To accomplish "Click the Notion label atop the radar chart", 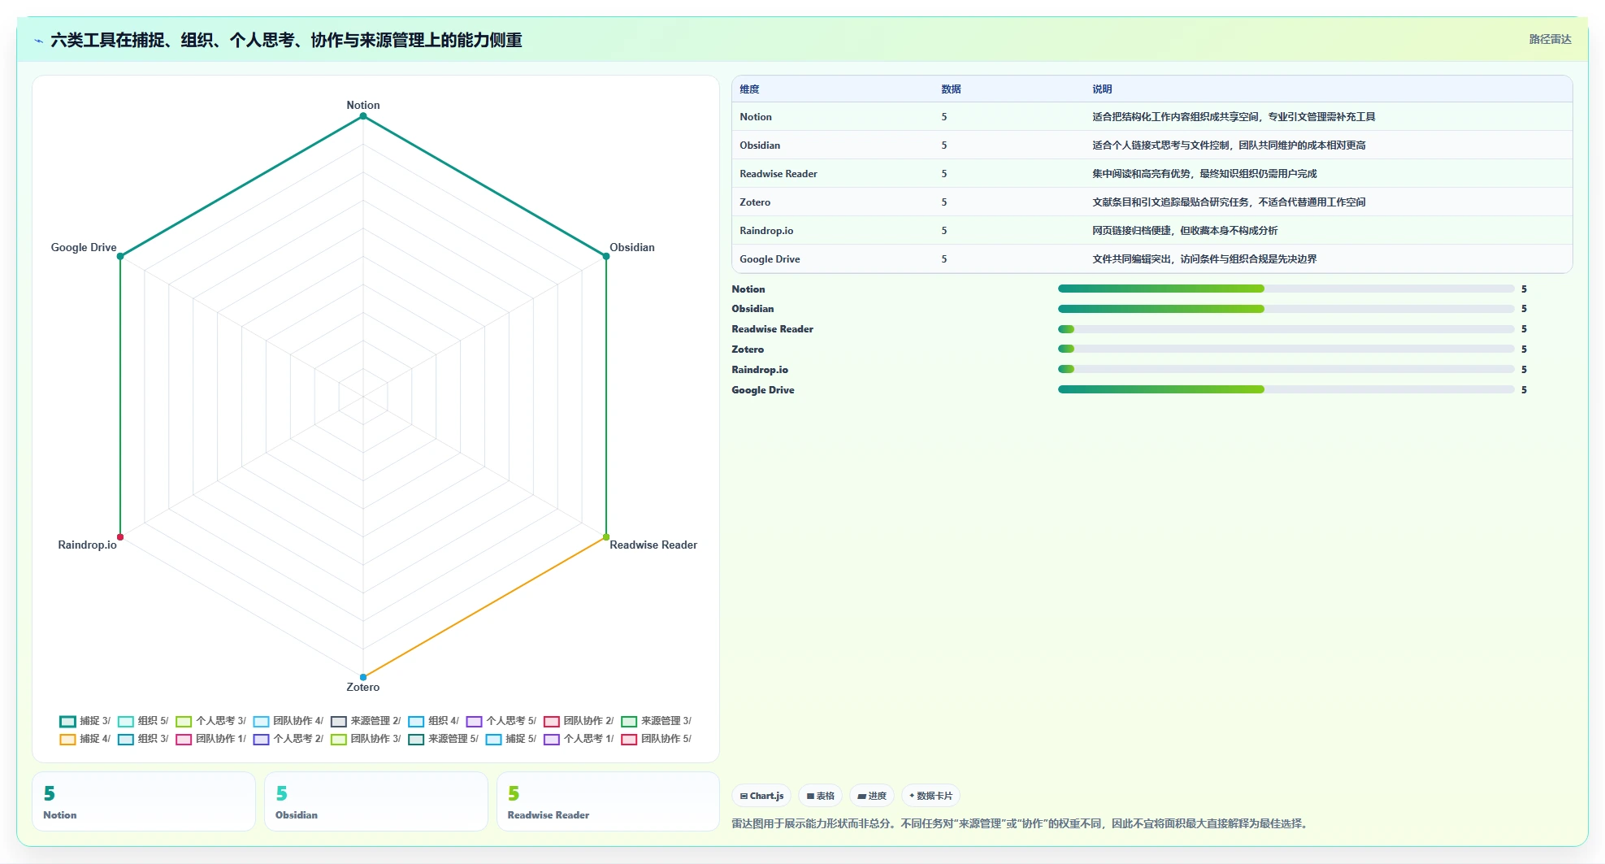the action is coord(362,105).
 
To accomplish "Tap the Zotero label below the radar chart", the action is coord(362,687).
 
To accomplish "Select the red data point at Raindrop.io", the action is coord(120,537).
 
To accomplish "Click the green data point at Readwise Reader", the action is coord(606,537).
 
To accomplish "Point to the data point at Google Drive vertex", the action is coord(120,256).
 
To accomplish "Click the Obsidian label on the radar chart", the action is coord(632,247).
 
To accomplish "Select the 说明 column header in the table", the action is coord(1102,89).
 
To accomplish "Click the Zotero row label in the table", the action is coord(755,202).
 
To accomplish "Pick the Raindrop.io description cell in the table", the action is coord(1185,231).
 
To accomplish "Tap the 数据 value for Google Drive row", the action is coord(944,259).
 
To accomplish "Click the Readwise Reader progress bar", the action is coord(1286,329).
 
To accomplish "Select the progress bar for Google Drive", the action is coord(1286,390).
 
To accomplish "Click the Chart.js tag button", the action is coord(761,796).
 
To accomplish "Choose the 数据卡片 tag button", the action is coord(930,796).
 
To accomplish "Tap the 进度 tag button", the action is coord(872,796).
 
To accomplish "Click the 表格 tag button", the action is coord(820,796).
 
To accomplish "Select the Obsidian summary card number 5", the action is coord(281,793).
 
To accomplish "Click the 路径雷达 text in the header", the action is coord(1551,39).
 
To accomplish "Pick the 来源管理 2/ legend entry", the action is coord(366,721).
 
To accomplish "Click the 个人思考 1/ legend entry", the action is coord(579,739).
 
